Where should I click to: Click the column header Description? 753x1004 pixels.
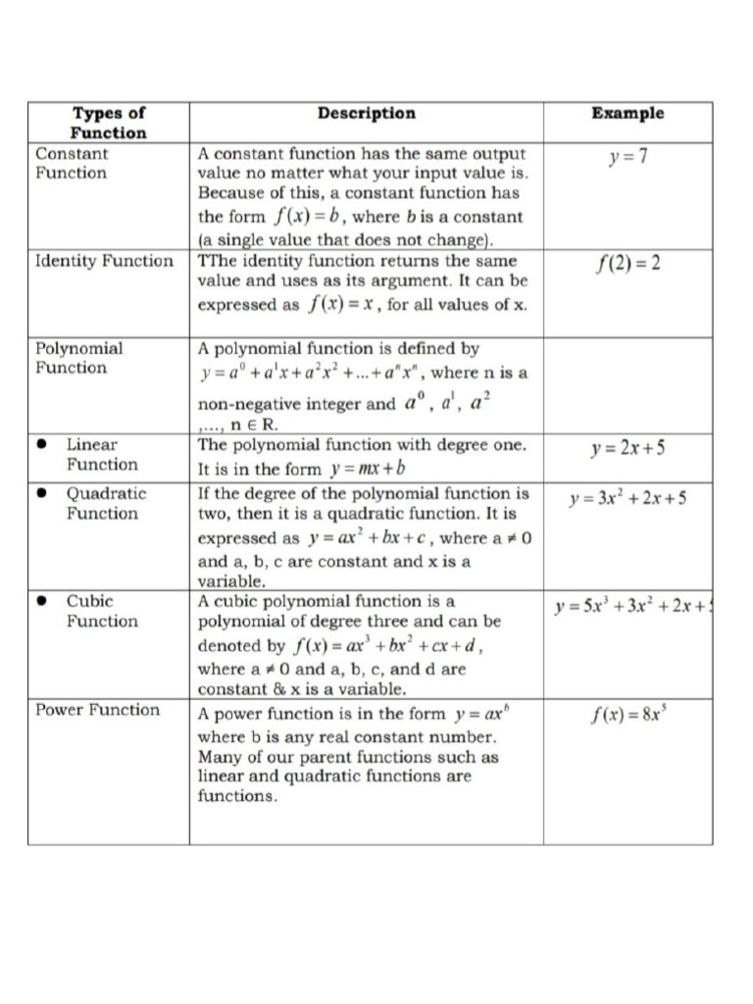[366, 114]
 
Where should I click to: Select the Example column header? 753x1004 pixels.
[627, 114]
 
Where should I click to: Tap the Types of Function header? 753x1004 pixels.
[109, 123]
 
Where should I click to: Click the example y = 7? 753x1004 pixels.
[627, 158]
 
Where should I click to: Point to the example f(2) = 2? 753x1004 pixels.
[627, 264]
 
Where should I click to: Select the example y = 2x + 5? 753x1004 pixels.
[627, 449]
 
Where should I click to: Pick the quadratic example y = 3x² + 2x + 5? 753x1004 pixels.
[627, 498]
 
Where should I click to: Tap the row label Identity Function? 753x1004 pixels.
[105, 261]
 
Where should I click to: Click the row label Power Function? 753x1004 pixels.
[97, 710]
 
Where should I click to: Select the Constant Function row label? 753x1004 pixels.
[73, 163]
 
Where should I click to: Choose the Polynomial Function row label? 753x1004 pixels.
[79, 358]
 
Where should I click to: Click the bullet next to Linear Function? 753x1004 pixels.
[42, 445]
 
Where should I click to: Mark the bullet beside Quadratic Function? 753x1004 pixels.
[42, 494]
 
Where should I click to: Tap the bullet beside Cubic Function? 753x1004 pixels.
[42, 602]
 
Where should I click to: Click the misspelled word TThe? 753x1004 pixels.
[217, 261]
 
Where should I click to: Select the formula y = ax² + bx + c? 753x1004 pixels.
[372, 538]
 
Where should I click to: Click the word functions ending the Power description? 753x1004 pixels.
[236, 796]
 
